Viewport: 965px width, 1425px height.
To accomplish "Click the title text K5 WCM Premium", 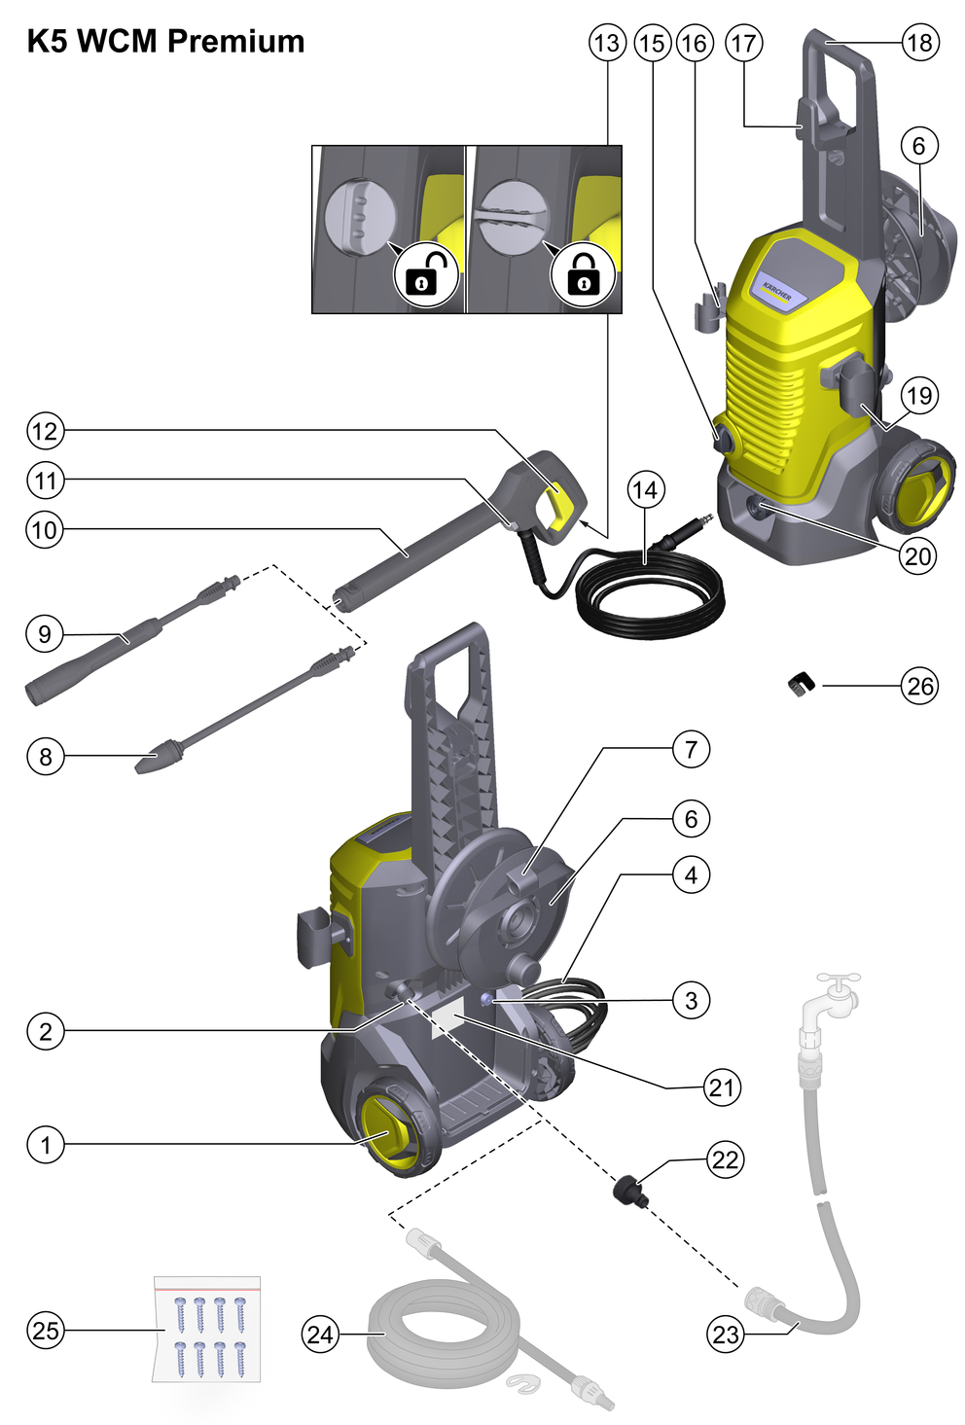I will click(165, 42).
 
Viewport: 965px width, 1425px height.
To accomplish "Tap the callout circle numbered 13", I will click(607, 43).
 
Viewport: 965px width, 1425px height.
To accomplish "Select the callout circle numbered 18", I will click(919, 43).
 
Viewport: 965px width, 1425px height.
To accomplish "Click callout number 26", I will click(919, 686).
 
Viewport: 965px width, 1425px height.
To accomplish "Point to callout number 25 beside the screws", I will click(45, 1330).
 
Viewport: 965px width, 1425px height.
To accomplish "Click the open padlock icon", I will click(425, 274).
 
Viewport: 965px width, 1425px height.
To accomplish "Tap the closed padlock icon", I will click(583, 274).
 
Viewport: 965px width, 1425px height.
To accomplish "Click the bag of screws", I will click(207, 1329).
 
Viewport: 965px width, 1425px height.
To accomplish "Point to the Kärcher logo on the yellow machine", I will click(777, 291).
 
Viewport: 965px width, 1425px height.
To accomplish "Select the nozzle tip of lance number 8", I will click(153, 762).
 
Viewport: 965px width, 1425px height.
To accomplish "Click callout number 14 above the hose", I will click(646, 489).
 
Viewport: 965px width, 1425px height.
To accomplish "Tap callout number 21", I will click(722, 1087).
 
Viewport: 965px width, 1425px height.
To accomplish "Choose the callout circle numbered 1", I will click(45, 1144).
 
